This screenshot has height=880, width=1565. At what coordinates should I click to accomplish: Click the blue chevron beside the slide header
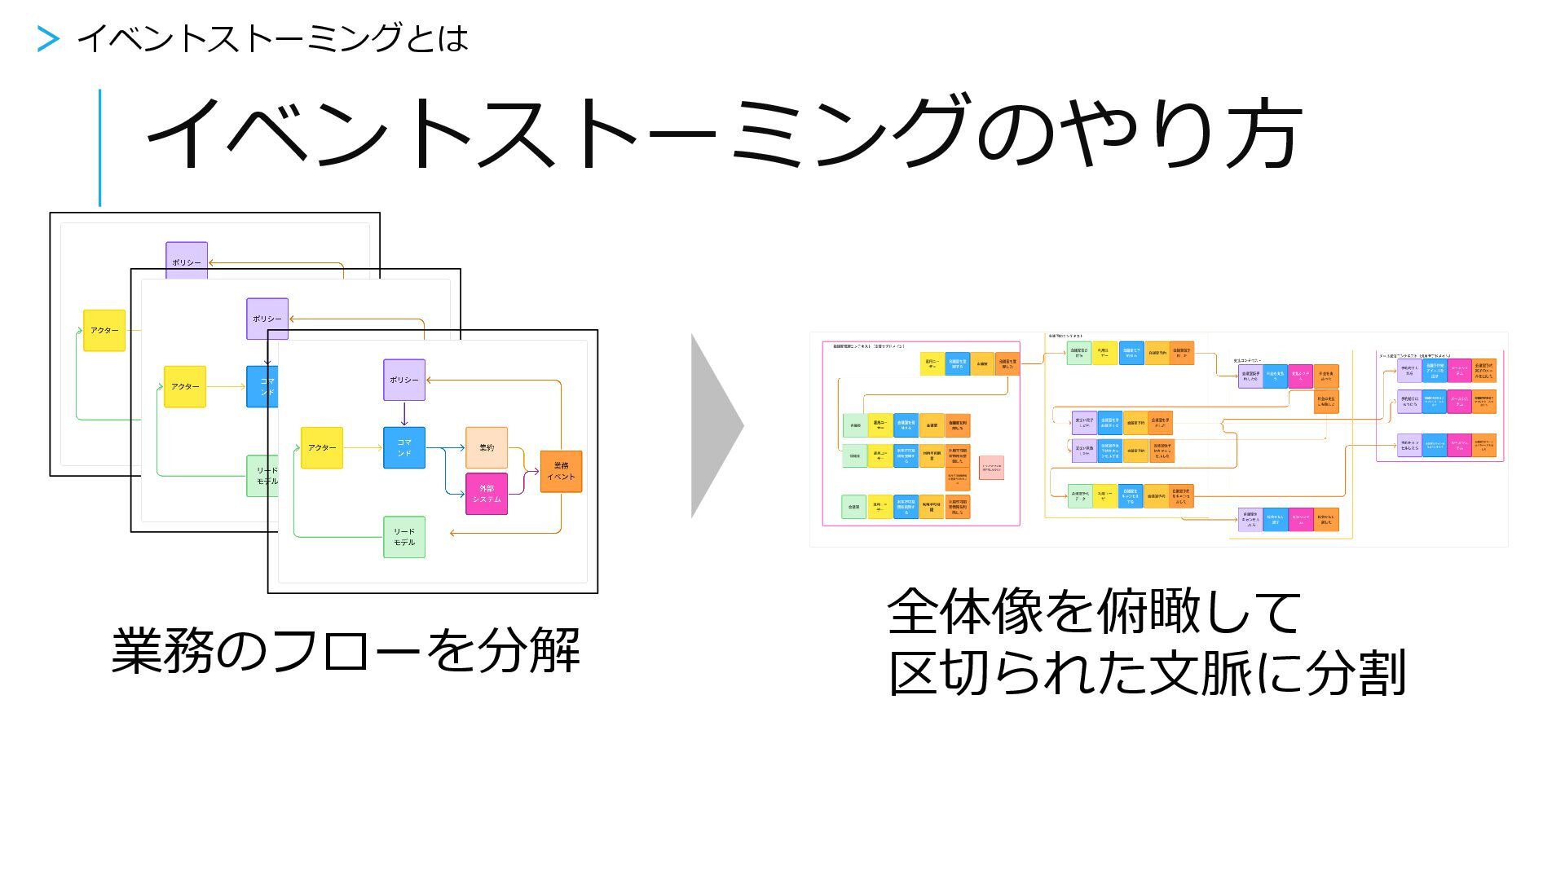(48, 39)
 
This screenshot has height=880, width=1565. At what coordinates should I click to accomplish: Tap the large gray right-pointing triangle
(716, 425)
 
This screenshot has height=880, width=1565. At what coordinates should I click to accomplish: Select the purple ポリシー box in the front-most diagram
(404, 380)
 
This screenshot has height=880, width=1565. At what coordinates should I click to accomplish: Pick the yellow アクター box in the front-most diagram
(322, 447)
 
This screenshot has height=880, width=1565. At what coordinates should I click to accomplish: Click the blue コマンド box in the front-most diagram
(404, 447)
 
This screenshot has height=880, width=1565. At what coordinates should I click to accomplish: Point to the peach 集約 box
(487, 447)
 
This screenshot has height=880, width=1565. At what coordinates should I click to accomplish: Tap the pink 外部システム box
(487, 494)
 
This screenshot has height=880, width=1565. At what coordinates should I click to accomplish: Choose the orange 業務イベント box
(561, 471)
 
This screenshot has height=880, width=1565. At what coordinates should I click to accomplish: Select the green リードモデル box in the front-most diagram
(404, 537)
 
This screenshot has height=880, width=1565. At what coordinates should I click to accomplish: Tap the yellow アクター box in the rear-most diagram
(104, 330)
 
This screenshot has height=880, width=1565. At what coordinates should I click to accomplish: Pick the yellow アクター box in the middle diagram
(185, 386)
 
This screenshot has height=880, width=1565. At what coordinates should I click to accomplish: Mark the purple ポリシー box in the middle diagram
(267, 319)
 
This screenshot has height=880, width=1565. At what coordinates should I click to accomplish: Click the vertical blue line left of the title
(100, 147)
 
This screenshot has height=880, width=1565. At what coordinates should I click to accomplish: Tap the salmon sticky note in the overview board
(991, 468)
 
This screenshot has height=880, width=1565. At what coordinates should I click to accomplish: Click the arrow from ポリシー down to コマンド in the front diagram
(404, 414)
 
